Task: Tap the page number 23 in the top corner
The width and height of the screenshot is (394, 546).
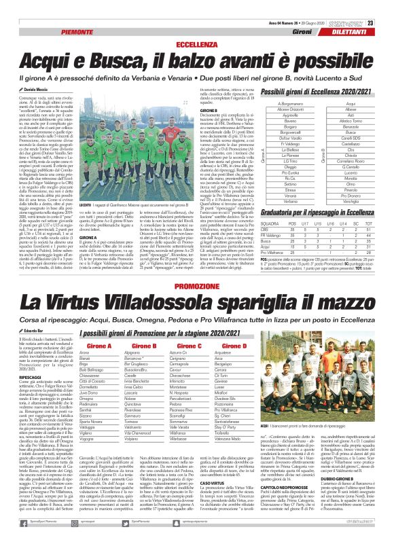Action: coord(385,5)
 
